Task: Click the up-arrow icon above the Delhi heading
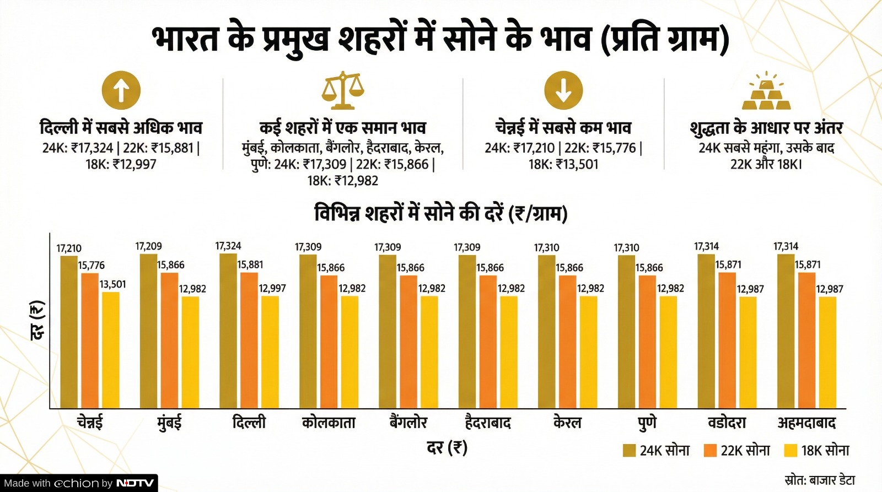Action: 121,90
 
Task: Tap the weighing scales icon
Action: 343,90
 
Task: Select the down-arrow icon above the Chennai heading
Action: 563,90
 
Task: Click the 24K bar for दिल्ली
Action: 228,331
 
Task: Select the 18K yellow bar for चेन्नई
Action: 111,350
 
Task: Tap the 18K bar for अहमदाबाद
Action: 827,353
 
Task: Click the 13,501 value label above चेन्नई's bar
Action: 112,284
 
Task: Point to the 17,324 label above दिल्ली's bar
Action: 228,246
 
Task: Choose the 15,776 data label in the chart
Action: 91,266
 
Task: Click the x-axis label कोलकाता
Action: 329,423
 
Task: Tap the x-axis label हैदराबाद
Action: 488,423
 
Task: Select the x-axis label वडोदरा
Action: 727,423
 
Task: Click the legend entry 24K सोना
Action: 657,451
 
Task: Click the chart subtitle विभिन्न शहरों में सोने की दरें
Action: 440,213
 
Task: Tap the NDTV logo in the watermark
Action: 135,483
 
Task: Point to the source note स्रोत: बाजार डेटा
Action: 820,480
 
